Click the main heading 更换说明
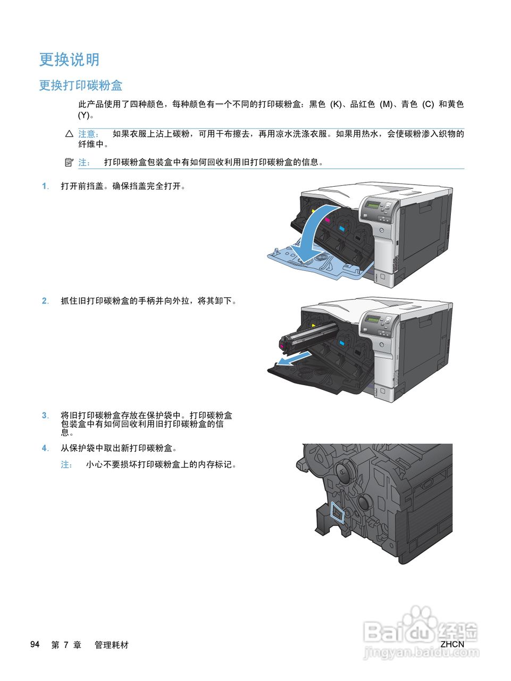coord(69,60)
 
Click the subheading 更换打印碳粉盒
coord(80,86)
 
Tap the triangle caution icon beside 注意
coord(69,134)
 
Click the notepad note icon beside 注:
coord(69,162)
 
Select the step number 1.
coord(45,186)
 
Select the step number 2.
coord(45,301)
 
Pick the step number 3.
coord(45,416)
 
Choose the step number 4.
coord(45,449)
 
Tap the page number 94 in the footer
coord(35,645)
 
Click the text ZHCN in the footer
coord(452,644)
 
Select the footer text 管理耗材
coord(112,645)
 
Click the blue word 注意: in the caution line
coord(89,134)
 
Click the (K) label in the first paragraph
coord(336,105)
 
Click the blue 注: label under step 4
coord(67,464)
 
